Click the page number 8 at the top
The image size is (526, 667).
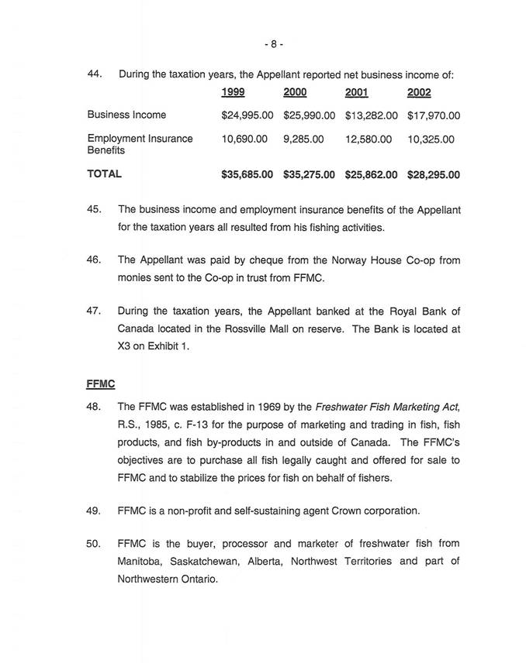[272, 44]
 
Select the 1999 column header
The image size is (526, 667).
[233, 93]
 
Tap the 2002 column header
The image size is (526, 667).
[419, 93]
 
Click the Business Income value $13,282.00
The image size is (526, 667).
[371, 115]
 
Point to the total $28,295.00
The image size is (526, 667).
[433, 175]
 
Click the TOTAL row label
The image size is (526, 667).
[104, 174]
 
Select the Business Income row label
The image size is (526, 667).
[126, 115]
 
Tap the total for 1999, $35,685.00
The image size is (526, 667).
[247, 175]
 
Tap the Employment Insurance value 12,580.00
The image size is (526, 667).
[369, 139]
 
